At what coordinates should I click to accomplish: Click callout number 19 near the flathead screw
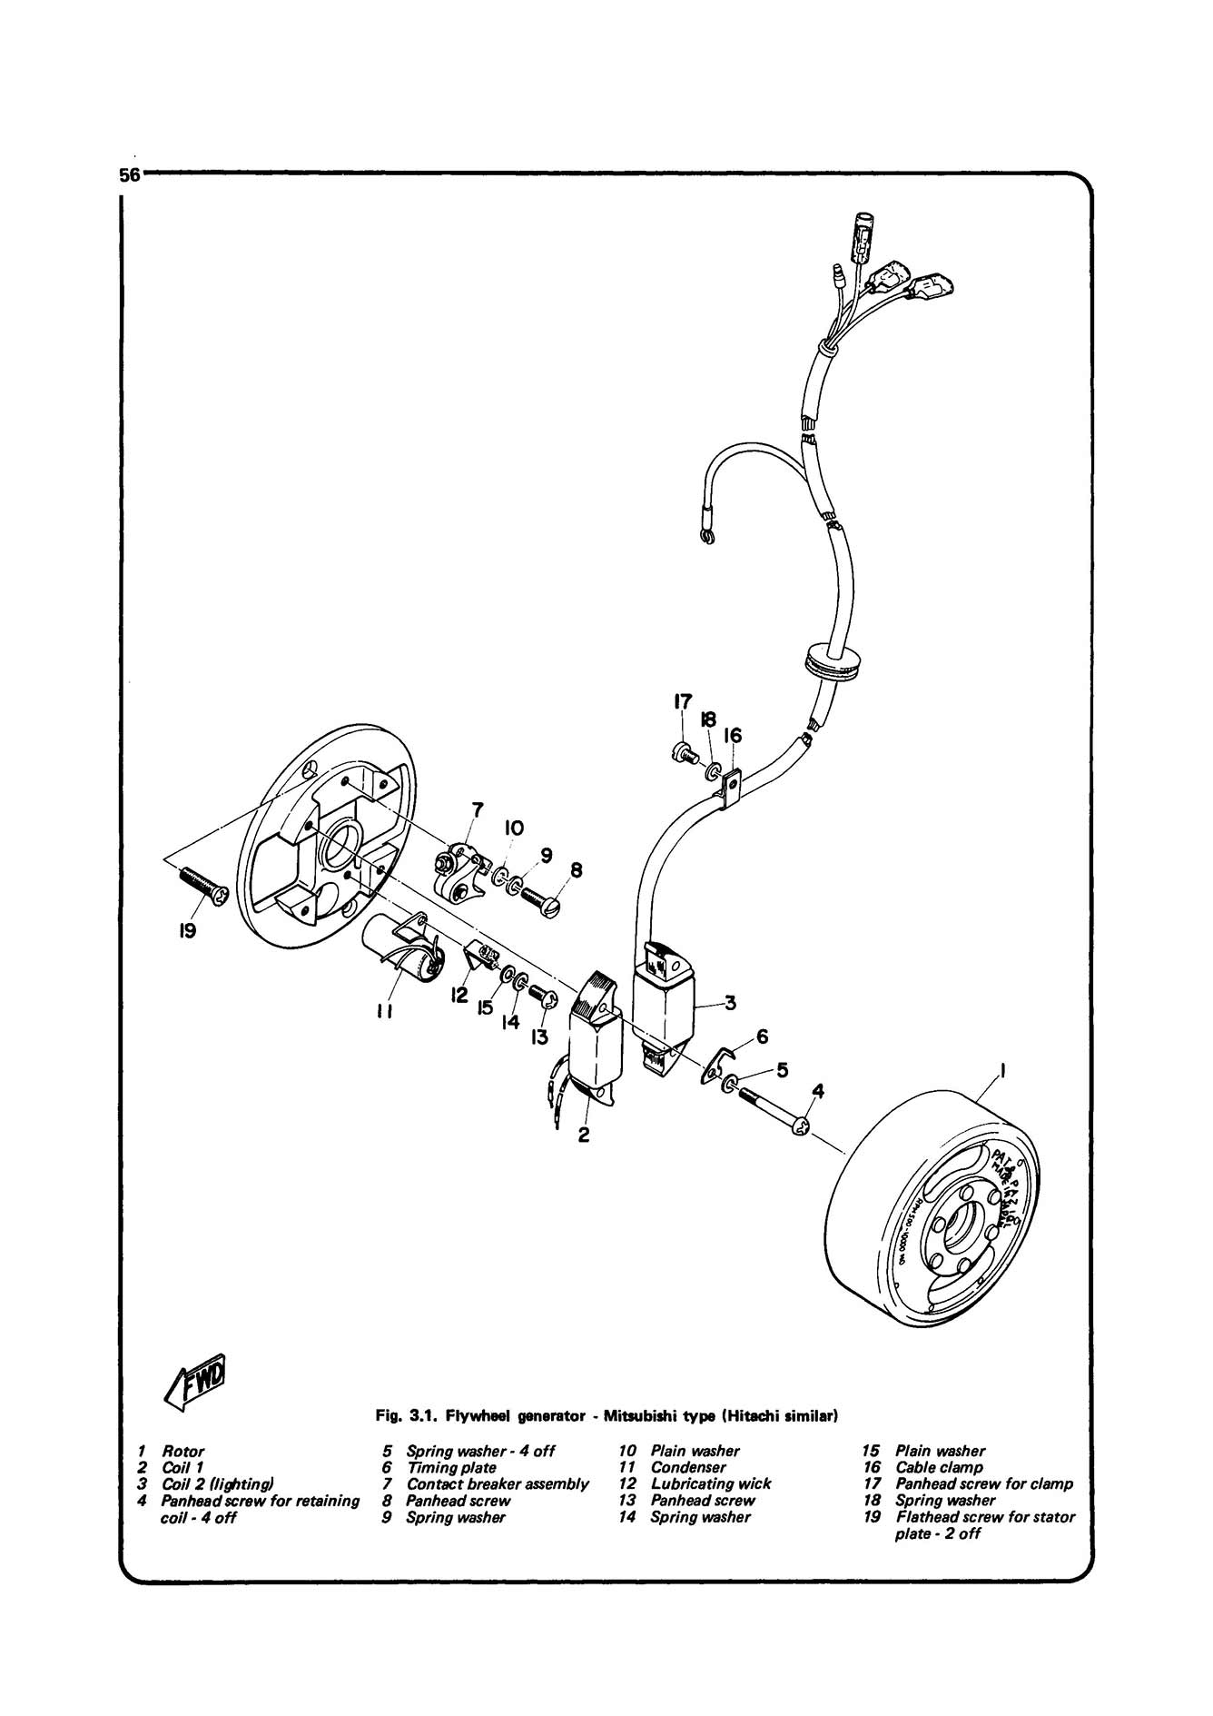point(187,931)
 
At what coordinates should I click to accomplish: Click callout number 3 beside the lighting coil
point(729,1004)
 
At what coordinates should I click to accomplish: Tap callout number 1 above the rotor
point(1002,1071)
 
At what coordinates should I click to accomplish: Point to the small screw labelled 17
point(681,751)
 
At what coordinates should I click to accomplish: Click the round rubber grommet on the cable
point(833,660)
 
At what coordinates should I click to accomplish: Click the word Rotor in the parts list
point(182,1451)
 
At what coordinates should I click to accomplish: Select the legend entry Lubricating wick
point(710,1483)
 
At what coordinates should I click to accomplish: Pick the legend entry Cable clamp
point(939,1467)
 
